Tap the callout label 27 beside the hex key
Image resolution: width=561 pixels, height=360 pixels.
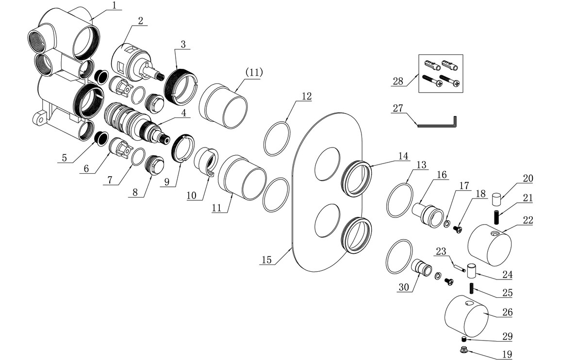click(x=398, y=108)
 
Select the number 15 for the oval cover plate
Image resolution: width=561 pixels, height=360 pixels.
click(x=266, y=260)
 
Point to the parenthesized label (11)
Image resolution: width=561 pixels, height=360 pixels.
click(x=254, y=72)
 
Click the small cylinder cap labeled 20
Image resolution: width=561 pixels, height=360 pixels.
click(x=495, y=199)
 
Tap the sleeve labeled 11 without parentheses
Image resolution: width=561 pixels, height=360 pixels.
click(x=241, y=178)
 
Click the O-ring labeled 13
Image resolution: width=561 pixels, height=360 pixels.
click(x=400, y=199)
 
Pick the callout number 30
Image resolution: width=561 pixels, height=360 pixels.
click(x=404, y=287)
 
